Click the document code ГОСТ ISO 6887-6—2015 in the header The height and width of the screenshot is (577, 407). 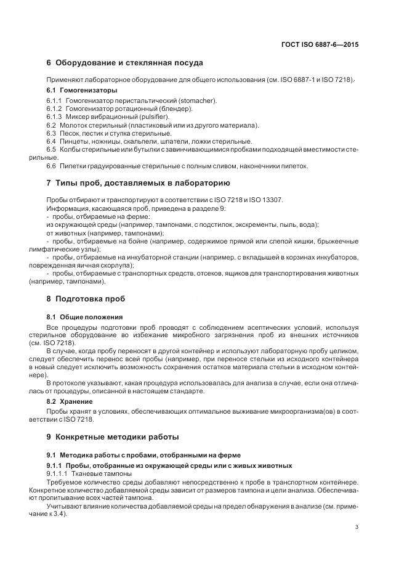(321, 45)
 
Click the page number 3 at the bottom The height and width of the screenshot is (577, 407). (358, 526)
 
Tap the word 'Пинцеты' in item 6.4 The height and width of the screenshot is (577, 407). (74, 141)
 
